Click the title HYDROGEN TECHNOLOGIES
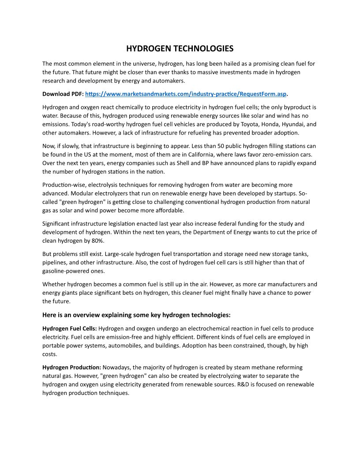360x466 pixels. [x=180, y=48]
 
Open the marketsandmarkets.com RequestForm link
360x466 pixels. [x=186, y=94]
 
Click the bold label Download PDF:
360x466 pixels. [x=63, y=94]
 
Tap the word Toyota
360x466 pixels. [x=237, y=124]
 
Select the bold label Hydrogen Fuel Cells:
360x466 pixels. [x=69, y=328]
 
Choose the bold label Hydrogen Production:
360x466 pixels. [x=72, y=367]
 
